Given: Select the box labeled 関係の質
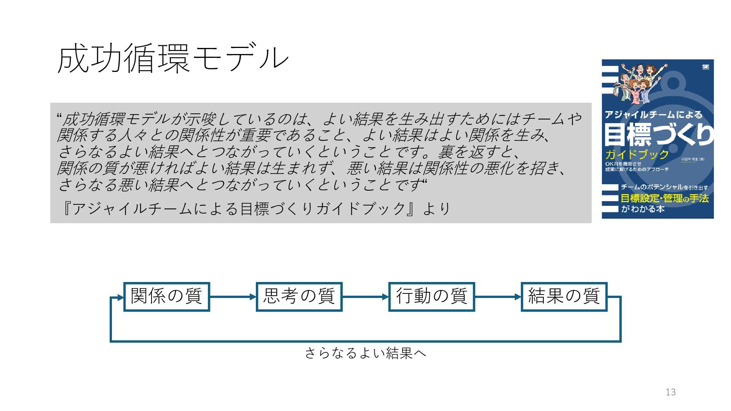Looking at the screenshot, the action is [x=167, y=296].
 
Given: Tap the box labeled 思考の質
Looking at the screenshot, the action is [x=299, y=296].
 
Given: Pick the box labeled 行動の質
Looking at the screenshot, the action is [x=431, y=296].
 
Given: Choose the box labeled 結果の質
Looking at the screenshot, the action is [x=564, y=296].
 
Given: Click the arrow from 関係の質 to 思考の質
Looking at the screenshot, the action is [x=233, y=297].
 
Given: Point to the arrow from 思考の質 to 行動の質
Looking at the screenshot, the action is [x=365, y=297].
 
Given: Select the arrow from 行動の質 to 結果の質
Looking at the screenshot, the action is [x=498, y=297].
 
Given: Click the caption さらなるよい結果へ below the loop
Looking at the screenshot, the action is [x=365, y=353].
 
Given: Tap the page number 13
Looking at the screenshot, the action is [x=670, y=392].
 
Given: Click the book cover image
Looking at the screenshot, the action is [x=658, y=139].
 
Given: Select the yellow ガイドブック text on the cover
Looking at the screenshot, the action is [x=637, y=155].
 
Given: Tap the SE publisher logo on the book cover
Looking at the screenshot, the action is [x=705, y=67].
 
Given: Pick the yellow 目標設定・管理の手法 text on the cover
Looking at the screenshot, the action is [x=664, y=198].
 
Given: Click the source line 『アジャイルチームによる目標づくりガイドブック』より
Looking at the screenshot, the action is [x=255, y=209].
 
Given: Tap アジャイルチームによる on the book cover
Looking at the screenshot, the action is [x=653, y=115].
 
